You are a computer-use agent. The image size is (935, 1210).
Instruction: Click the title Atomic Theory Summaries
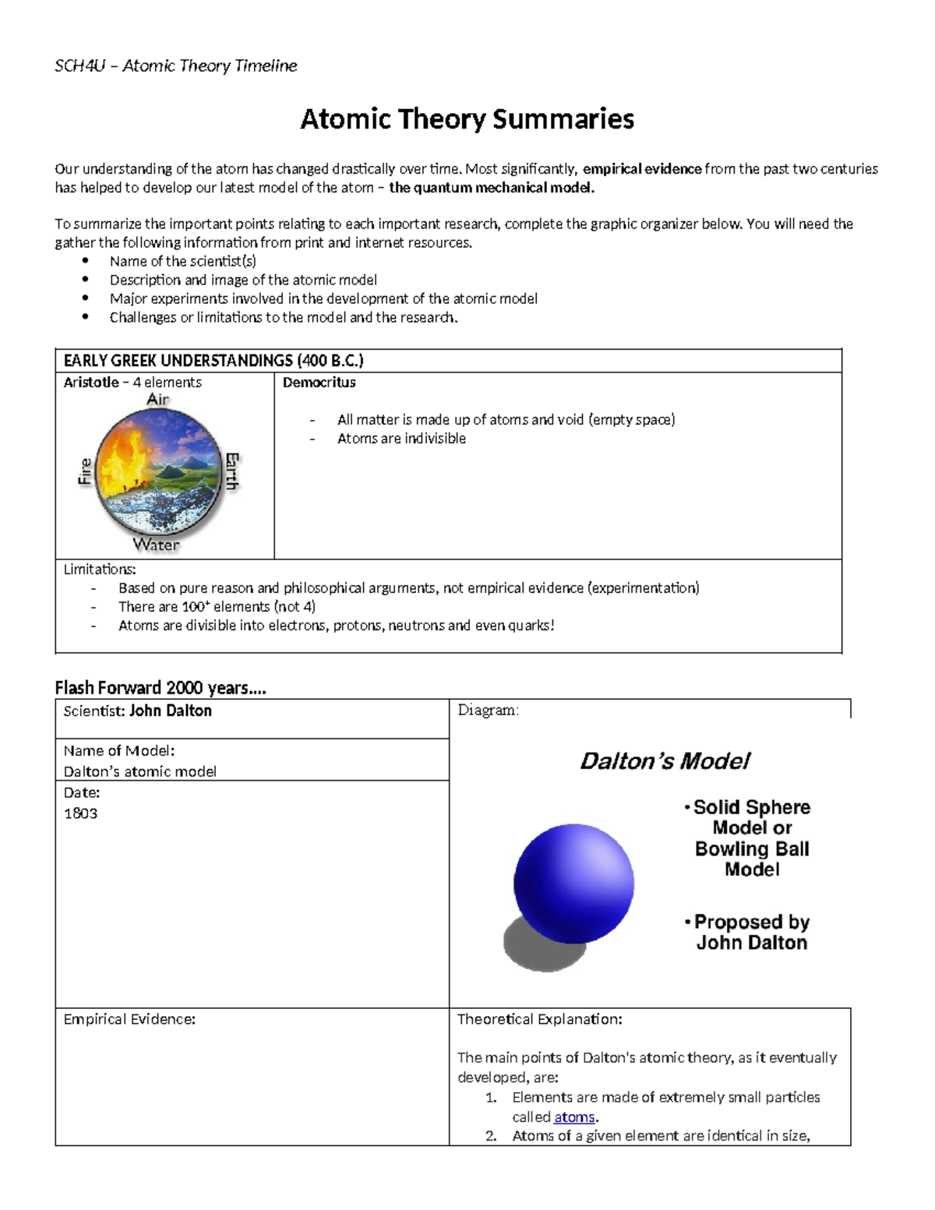[x=467, y=119]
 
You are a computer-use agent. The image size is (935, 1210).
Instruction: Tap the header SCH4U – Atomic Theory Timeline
[x=175, y=65]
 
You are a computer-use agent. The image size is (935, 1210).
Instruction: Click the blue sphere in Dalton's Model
[x=573, y=883]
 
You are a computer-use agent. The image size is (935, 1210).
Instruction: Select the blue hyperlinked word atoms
[x=574, y=1117]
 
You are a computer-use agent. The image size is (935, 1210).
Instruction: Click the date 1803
[x=80, y=813]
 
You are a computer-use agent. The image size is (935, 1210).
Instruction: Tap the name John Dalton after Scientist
[x=170, y=711]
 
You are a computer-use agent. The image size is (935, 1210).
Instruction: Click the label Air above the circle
[x=158, y=400]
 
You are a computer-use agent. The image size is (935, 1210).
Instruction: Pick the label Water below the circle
[x=156, y=545]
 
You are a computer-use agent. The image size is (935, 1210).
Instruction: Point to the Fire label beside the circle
[x=85, y=471]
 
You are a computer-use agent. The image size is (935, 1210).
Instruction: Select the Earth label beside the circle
[x=232, y=471]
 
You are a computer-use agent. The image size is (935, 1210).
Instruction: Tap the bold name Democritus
[x=319, y=383]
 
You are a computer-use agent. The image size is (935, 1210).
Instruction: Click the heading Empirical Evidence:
[x=129, y=1019]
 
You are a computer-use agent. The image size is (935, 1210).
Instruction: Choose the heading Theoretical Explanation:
[x=539, y=1019]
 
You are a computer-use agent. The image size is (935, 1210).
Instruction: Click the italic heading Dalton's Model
[x=665, y=761]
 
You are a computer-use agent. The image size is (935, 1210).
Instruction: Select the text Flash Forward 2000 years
[x=161, y=688]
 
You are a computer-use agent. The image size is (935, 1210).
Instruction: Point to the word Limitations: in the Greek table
[x=100, y=570]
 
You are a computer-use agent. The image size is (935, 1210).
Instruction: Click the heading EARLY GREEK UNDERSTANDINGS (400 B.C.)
[x=213, y=361]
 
